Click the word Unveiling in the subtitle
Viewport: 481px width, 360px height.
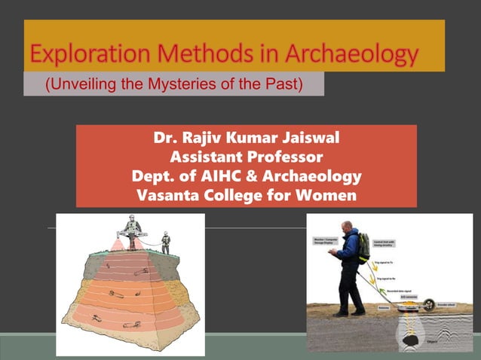(x=84, y=83)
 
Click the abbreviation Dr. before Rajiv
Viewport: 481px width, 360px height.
(x=166, y=139)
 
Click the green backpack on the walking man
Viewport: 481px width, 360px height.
(x=363, y=246)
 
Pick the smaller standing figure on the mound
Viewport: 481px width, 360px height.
(x=166, y=243)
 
